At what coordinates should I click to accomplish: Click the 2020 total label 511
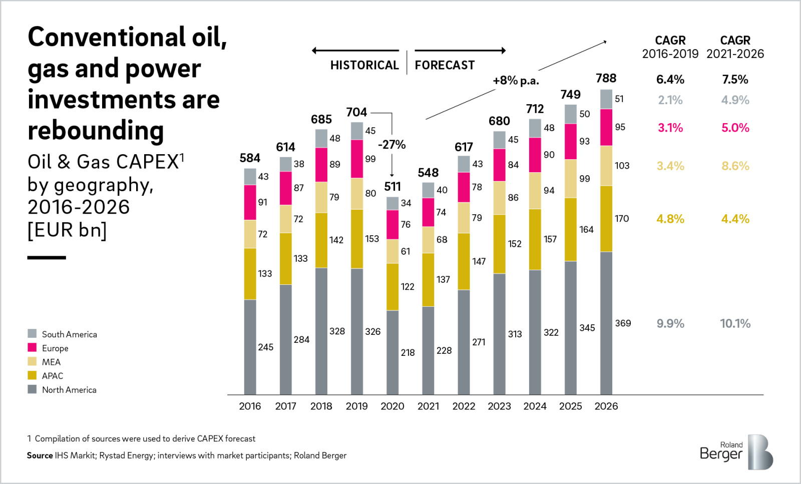(392, 187)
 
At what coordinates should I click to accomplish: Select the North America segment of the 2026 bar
(606, 323)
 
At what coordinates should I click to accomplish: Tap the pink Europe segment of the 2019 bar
(357, 159)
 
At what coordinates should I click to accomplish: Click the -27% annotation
(391, 145)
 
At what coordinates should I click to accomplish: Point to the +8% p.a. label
(516, 81)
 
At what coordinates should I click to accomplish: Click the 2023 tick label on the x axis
(499, 406)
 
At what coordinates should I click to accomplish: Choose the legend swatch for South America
(32, 334)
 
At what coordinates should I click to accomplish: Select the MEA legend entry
(51, 362)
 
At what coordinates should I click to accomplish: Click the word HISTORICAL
(364, 66)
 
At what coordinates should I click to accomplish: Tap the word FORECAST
(445, 66)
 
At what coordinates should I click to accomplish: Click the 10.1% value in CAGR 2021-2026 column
(735, 323)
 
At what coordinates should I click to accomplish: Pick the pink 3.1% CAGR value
(670, 128)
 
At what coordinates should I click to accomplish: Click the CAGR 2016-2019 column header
(670, 47)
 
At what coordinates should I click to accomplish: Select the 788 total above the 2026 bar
(606, 78)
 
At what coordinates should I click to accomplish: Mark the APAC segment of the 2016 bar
(250, 274)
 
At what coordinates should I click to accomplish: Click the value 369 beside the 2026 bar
(623, 323)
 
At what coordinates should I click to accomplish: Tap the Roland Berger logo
(736, 452)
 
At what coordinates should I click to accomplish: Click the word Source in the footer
(40, 455)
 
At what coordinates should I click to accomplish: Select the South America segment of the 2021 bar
(428, 190)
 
